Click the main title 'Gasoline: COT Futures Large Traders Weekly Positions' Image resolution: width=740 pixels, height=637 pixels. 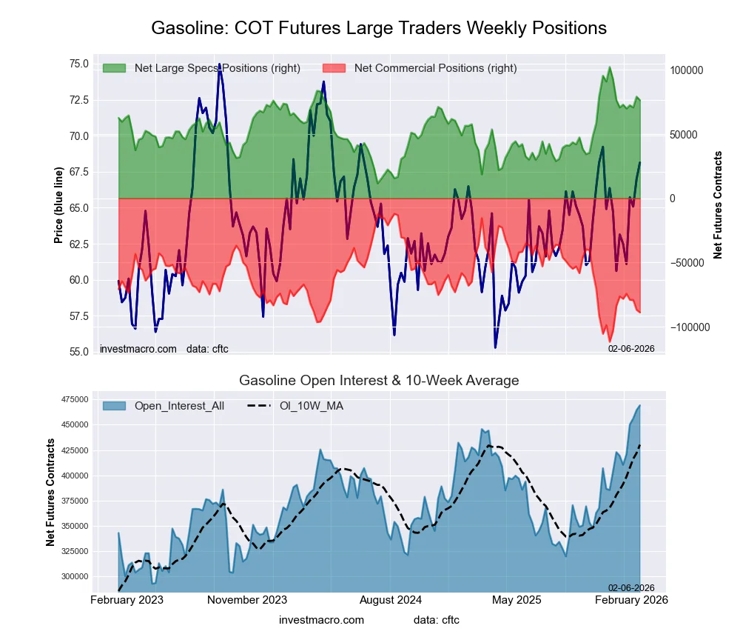[379, 28]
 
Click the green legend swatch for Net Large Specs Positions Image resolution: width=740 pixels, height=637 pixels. [114, 68]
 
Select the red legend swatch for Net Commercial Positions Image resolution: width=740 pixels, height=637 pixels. [334, 68]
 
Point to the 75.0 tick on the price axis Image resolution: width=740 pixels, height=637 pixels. [78, 64]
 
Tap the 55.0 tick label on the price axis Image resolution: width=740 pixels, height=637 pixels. [78, 352]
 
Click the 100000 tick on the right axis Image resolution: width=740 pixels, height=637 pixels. [686, 70]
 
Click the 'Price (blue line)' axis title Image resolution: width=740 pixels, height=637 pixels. [58, 205]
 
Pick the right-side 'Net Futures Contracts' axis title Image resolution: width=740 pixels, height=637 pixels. [718, 205]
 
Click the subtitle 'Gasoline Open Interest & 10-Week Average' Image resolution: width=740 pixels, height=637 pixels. [379, 381]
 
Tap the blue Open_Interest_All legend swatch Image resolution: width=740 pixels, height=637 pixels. [114, 406]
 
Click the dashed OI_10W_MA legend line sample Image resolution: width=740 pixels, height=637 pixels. [255, 406]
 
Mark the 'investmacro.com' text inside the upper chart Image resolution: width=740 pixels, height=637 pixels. [138, 348]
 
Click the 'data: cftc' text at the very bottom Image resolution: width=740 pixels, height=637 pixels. [437, 620]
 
